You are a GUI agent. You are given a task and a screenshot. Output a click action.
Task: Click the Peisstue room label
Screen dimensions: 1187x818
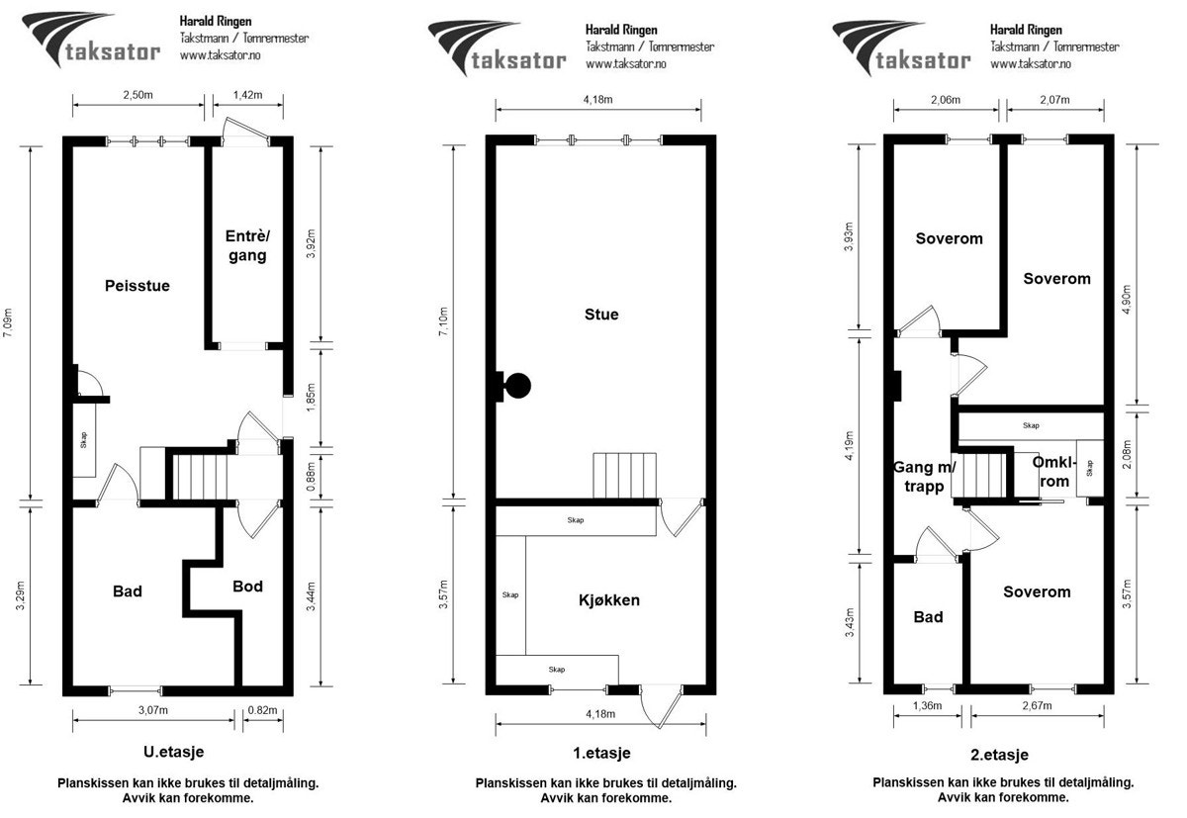[137, 286]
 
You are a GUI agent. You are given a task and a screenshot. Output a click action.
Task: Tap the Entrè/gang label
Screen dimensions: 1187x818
[247, 245]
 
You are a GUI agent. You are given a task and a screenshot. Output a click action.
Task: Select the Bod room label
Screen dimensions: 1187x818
[247, 586]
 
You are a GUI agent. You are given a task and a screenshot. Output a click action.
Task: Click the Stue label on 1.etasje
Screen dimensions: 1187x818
[601, 315]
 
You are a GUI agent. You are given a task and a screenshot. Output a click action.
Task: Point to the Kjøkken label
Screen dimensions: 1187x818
[609, 599]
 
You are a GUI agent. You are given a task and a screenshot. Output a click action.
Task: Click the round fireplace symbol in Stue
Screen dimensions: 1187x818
[517, 386]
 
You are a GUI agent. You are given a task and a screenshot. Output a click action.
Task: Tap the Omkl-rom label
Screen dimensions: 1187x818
[1054, 472]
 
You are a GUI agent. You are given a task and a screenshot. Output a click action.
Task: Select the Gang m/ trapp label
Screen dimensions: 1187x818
[925, 477]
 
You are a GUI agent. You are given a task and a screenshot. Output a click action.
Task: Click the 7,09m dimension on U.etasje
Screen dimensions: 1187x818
[8, 322]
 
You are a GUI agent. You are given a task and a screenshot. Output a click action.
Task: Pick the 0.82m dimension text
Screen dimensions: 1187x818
[262, 710]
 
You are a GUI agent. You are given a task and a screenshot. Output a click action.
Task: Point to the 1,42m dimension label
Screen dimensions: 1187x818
[247, 95]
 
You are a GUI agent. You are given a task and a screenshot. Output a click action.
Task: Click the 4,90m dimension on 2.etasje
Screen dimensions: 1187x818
[1126, 300]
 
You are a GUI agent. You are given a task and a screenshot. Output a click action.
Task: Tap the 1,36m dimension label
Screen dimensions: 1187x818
[928, 705]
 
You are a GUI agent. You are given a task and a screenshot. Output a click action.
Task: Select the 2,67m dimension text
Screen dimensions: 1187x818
[1037, 705]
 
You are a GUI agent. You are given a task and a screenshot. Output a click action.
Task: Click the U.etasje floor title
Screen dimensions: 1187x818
[173, 752]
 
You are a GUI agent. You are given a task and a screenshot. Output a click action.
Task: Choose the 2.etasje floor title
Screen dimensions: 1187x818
[999, 755]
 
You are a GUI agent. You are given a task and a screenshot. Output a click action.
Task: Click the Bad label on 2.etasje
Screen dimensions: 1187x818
[928, 616]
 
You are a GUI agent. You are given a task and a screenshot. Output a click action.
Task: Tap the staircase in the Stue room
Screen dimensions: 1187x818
[625, 476]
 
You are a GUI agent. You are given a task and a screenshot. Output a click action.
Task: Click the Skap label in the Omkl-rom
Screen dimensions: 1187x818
[1089, 468]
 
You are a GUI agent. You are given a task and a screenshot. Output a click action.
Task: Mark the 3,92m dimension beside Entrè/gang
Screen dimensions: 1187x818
[311, 243]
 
